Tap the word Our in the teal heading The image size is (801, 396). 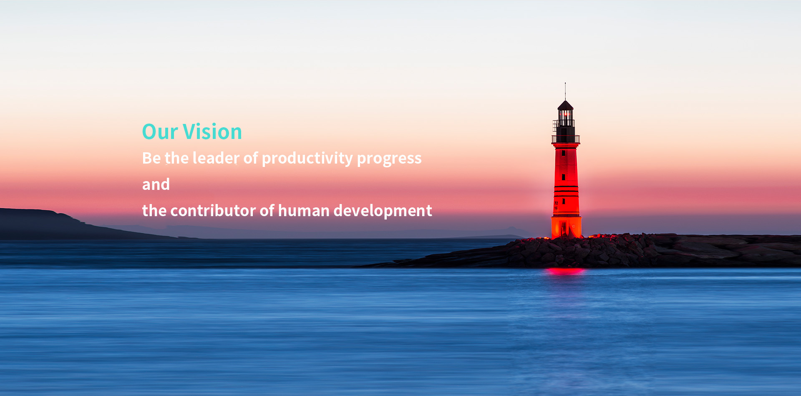pos(160,132)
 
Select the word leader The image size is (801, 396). pos(216,158)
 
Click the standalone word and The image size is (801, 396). pos(156,184)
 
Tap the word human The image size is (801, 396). pos(304,211)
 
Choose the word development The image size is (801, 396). pos(383,211)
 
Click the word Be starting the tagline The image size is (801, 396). pos(151,158)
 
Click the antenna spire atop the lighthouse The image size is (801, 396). pos(565,91)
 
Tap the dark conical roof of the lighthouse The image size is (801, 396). pos(565,105)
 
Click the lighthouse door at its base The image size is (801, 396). pos(564,229)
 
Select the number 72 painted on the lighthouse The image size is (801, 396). pos(556,203)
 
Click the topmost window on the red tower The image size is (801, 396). pos(564,153)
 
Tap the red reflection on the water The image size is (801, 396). pos(566,271)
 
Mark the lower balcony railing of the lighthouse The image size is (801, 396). pos(566,139)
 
